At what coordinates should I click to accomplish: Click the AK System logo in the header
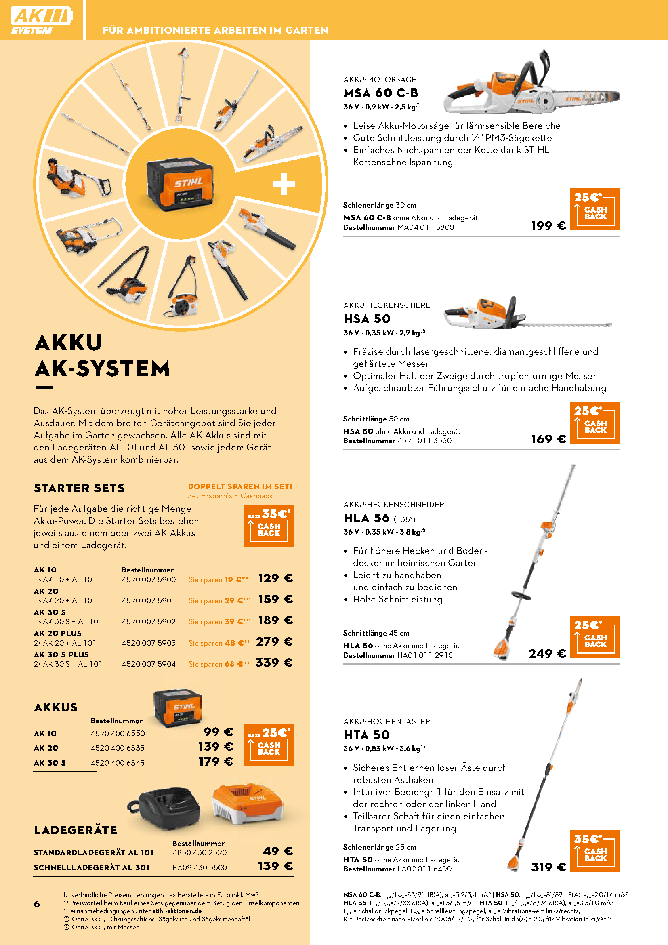(42, 20)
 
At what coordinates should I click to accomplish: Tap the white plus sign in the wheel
(284, 183)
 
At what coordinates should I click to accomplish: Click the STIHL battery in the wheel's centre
(180, 185)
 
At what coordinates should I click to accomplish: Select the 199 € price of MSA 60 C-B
(548, 225)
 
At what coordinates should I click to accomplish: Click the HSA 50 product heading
(367, 318)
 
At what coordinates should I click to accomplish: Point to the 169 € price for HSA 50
(548, 439)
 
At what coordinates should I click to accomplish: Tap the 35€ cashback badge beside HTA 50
(595, 850)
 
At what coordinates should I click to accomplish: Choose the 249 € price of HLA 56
(547, 654)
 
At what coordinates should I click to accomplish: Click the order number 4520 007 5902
(149, 621)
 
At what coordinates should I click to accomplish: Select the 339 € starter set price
(274, 662)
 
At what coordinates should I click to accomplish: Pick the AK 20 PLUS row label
(58, 633)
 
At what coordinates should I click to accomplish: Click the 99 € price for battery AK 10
(218, 731)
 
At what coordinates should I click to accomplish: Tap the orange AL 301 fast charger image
(248, 804)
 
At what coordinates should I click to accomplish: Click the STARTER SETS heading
(79, 488)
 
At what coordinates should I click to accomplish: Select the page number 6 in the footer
(37, 904)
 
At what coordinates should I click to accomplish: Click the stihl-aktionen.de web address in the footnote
(177, 911)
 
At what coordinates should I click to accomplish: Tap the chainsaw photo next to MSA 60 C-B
(531, 86)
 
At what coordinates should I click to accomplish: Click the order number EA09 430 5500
(200, 867)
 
